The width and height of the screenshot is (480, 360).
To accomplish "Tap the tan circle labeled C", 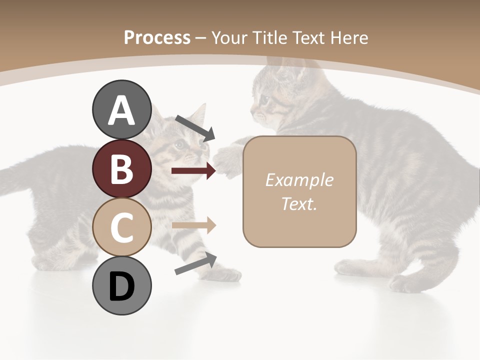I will click(122, 227).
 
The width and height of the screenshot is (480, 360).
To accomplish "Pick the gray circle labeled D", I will click(122, 286).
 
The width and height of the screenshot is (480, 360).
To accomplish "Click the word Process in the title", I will click(157, 37).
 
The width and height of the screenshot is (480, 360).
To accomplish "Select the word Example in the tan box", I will click(299, 180).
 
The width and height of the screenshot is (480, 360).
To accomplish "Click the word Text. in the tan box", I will click(299, 203).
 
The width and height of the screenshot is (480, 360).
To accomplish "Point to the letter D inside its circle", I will click(122, 287).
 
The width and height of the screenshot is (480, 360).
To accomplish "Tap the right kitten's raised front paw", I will click(227, 160).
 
